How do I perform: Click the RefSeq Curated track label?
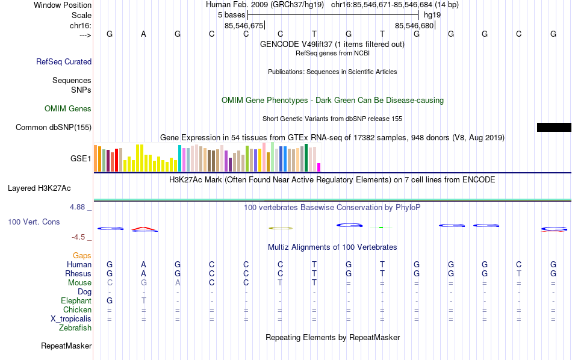(63, 61)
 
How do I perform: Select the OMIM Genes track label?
(67, 109)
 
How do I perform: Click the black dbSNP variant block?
(554, 127)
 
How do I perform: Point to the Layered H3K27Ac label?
(49, 188)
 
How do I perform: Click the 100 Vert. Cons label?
(34, 222)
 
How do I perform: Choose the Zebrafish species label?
(75, 328)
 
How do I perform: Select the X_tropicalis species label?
(71, 319)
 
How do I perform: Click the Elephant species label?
(76, 301)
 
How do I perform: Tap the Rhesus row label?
(78, 273)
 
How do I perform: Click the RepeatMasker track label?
(66, 346)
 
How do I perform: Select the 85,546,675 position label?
(244, 25)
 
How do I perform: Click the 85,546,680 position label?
(414, 25)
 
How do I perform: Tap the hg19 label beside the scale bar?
(432, 14)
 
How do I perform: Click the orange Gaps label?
(82, 256)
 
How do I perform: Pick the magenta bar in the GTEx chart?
(319, 167)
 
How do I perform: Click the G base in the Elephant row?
(110, 301)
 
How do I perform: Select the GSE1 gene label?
(81, 159)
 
